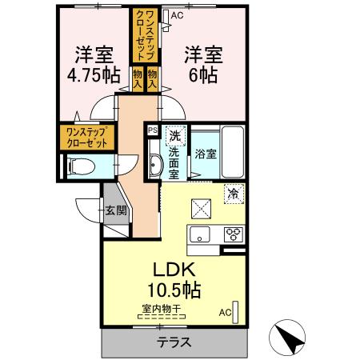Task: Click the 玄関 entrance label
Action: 115,211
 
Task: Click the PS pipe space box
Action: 152,128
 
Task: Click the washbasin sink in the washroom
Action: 157,166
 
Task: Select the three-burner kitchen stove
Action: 234,235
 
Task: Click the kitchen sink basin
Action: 198,234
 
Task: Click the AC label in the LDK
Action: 225,312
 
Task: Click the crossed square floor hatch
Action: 200,209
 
